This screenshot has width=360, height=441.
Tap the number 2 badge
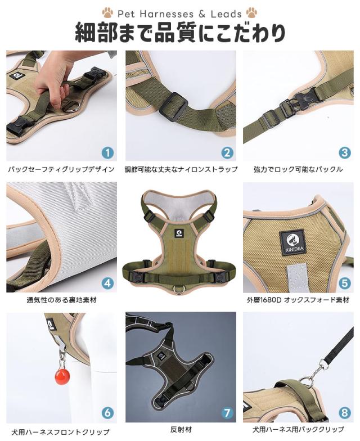pos(227,152)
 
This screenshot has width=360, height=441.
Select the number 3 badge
pos(344,152)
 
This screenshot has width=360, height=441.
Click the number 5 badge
pos(344,283)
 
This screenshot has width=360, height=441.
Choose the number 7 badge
pos(227,413)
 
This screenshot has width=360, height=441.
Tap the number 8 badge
pos(344,413)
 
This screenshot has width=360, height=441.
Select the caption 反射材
pos(180,429)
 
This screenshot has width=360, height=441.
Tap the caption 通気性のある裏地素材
pos(61,300)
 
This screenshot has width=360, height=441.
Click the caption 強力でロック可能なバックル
pos(298,169)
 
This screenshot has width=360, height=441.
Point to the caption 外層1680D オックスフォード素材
pos(298,300)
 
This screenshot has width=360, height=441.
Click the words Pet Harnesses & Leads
pos(180,13)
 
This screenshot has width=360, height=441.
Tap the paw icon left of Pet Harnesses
pos(107,12)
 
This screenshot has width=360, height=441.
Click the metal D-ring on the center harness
pos(180,290)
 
